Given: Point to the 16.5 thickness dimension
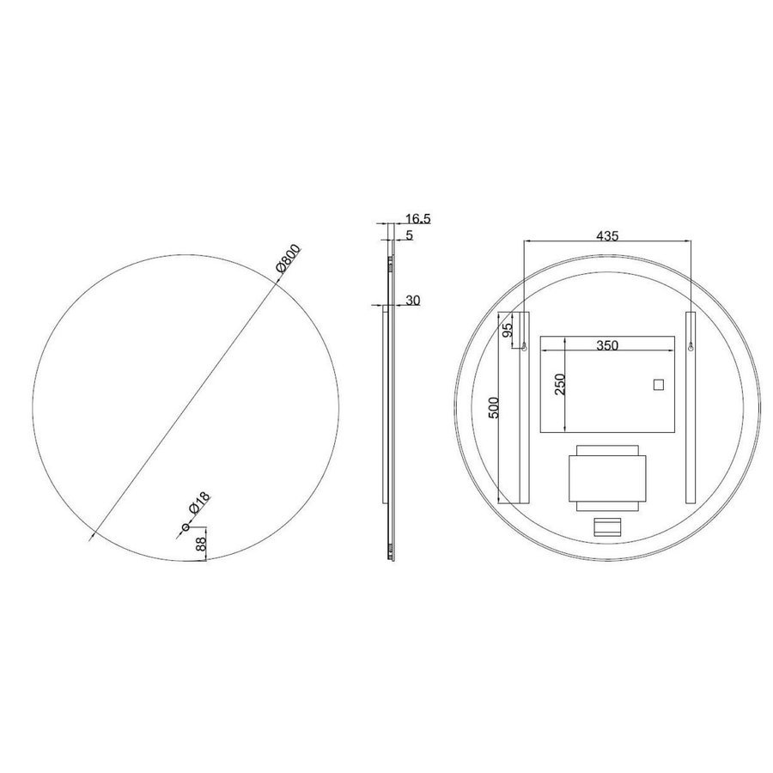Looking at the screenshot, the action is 417,218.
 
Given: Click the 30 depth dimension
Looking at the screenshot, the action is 413,301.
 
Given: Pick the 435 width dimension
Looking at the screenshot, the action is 607,235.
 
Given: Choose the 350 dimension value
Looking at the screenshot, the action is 607,345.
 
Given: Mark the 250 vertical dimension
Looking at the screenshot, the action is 560,384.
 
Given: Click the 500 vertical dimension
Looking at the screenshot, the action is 494,408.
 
